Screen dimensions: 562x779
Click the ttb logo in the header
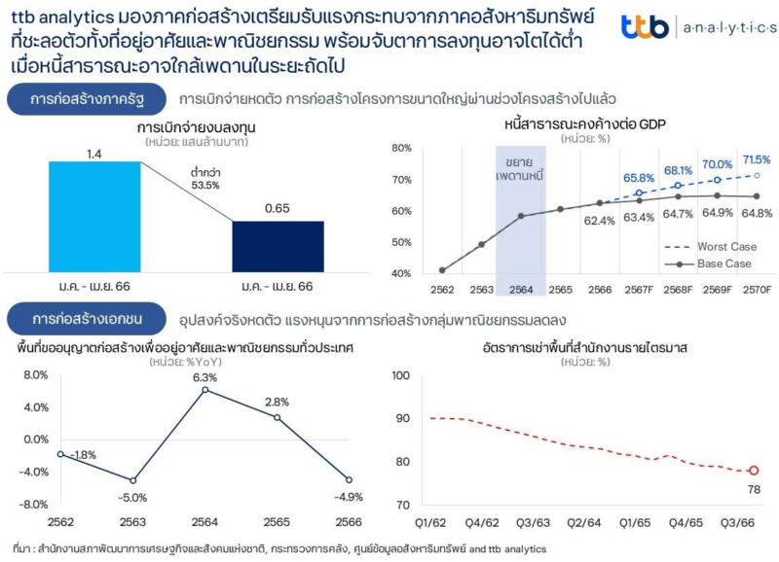pyautogui.click(x=645, y=27)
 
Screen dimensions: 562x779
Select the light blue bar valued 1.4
pyautogui.click(x=94, y=216)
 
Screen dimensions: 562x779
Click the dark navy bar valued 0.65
pyautogui.click(x=278, y=246)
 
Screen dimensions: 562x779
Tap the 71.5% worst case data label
pyautogui.click(x=757, y=159)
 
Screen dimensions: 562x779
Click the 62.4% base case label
pyautogui.click(x=599, y=221)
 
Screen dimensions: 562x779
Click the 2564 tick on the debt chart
pyautogui.click(x=520, y=289)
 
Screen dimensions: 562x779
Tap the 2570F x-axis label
pyautogui.click(x=757, y=289)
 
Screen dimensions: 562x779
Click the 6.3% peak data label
pyautogui.click(x=204, y=377)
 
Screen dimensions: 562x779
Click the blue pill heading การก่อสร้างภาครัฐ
pyautogui.click(x=85, y=100)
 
